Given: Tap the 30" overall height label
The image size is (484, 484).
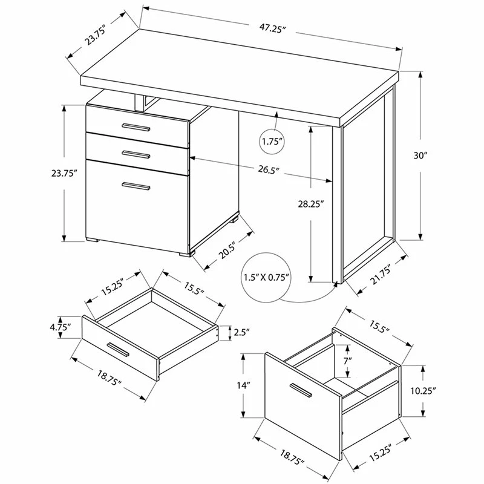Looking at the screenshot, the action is click(420, 155).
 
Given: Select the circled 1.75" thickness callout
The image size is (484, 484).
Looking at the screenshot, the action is click(272, 142).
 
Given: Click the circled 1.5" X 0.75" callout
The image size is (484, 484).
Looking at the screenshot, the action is click(266, 277).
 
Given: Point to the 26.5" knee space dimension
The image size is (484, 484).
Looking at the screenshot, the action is click(269, 170).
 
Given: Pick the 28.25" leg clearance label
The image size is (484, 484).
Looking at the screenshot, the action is click(310, 204).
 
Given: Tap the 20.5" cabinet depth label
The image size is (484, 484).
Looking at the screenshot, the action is click(227, 250).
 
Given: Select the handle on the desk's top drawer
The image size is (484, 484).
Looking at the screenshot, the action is click(136, 127).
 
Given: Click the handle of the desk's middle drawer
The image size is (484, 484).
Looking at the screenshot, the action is click(136, 154).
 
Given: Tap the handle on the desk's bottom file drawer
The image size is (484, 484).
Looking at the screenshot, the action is click(136, 186).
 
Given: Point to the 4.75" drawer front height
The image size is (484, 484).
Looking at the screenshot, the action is click(60, 327).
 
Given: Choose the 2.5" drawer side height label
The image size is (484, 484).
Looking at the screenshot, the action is click(241, 332).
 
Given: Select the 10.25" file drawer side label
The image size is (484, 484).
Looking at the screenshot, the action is click(423, 391).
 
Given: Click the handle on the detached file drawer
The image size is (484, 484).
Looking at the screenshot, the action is click(301, 390).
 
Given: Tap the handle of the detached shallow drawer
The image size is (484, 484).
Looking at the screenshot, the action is click(117, 349).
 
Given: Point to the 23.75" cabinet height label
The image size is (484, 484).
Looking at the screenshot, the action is click(64, 173).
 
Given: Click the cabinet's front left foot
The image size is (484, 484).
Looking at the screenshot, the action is click(93, 240).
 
